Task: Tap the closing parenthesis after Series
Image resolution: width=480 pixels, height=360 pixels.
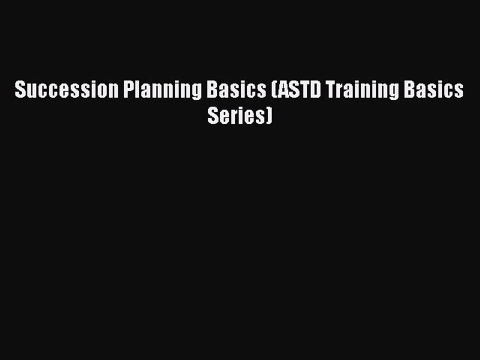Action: (x=270, y=117)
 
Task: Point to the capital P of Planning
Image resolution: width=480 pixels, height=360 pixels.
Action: (x=127, y=90)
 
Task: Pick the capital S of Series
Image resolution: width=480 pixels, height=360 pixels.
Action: (x=212, y=116)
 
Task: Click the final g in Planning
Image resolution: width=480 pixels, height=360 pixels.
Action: (x=197, y=93)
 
